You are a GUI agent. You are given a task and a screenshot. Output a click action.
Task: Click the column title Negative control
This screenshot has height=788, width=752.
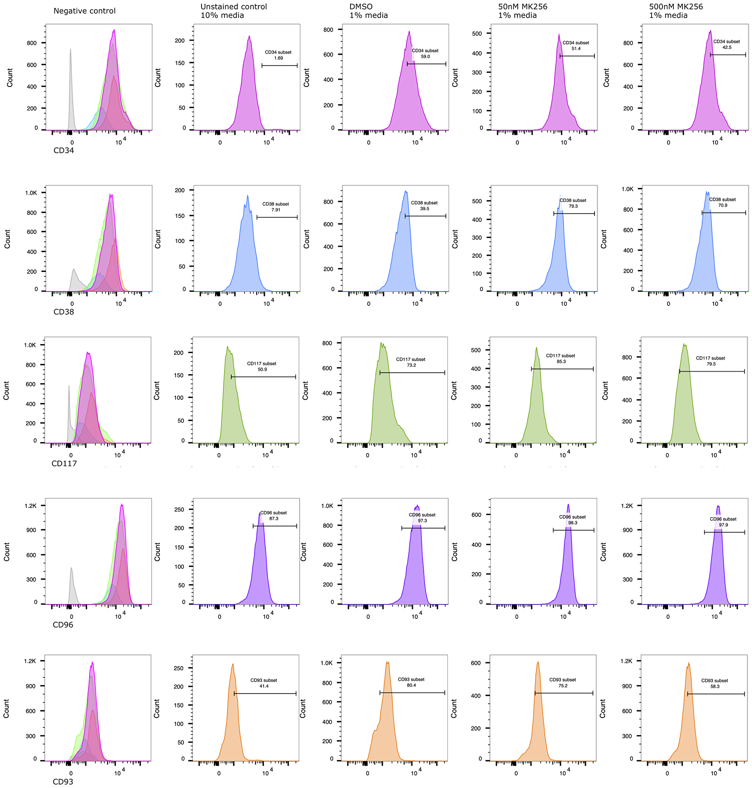click(x=84, y=11)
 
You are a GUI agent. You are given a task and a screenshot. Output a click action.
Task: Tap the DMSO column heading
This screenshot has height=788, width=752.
click(x=361, y=7)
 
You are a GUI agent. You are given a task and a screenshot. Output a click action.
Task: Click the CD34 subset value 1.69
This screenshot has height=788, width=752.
click(x=278, y=58)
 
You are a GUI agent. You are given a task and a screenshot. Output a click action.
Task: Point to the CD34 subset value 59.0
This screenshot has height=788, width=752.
click(x=425, y=56)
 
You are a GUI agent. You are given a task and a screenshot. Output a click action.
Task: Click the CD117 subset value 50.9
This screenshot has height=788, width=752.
click(x=262, y=369)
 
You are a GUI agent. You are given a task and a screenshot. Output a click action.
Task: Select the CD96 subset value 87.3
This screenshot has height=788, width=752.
click(x=274, y=519)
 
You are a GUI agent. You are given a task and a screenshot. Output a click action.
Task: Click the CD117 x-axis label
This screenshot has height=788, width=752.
click(x=64, y=463)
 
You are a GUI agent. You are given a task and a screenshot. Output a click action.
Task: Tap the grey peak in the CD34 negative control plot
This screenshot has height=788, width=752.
click(x=71, y=50)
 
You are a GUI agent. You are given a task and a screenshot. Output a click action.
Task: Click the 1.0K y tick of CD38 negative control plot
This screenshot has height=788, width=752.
click(x=30, y=193)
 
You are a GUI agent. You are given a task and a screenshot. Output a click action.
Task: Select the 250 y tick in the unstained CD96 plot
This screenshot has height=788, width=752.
click(x=179, y=510)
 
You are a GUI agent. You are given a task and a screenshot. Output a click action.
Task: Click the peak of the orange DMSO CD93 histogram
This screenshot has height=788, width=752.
click(x=387, y=662)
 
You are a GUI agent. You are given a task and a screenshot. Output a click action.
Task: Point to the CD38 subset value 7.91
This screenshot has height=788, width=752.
click(x=275, y=210)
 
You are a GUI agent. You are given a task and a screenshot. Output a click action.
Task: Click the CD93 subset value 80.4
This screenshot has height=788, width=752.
click(x=411, y=685)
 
